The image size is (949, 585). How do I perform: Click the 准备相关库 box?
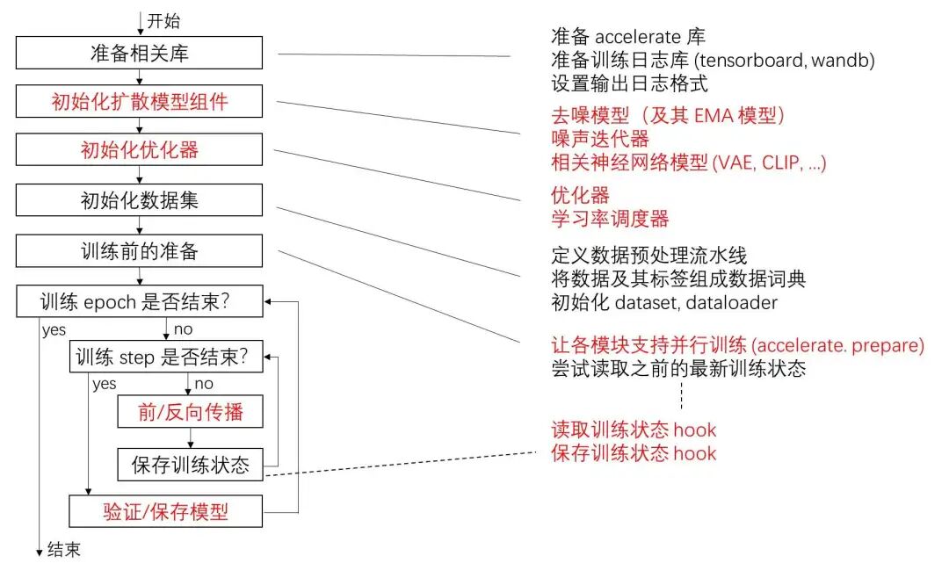tap(140, 53)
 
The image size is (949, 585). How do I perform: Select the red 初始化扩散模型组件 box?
tap(140, 102)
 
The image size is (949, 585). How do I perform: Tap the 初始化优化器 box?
tap(140, 150)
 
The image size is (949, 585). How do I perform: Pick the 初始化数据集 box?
tap(140, 200)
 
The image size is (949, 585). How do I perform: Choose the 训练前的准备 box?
tap(140, 251)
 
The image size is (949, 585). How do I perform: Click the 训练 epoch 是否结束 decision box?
tap(140, 303)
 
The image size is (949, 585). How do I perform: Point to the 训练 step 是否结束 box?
tap(166, 357)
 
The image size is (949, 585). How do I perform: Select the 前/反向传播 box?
tap(190, 411)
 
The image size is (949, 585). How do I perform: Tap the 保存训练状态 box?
tap(190, 464)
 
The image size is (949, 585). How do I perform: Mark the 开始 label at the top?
tap(163, 20)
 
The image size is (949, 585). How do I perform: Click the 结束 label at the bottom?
tap(64, 550)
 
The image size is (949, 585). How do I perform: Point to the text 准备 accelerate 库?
tap(627, 37)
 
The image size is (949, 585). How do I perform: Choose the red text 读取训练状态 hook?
tap(633, 430)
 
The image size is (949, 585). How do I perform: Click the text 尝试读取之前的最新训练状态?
tap(678, 369)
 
